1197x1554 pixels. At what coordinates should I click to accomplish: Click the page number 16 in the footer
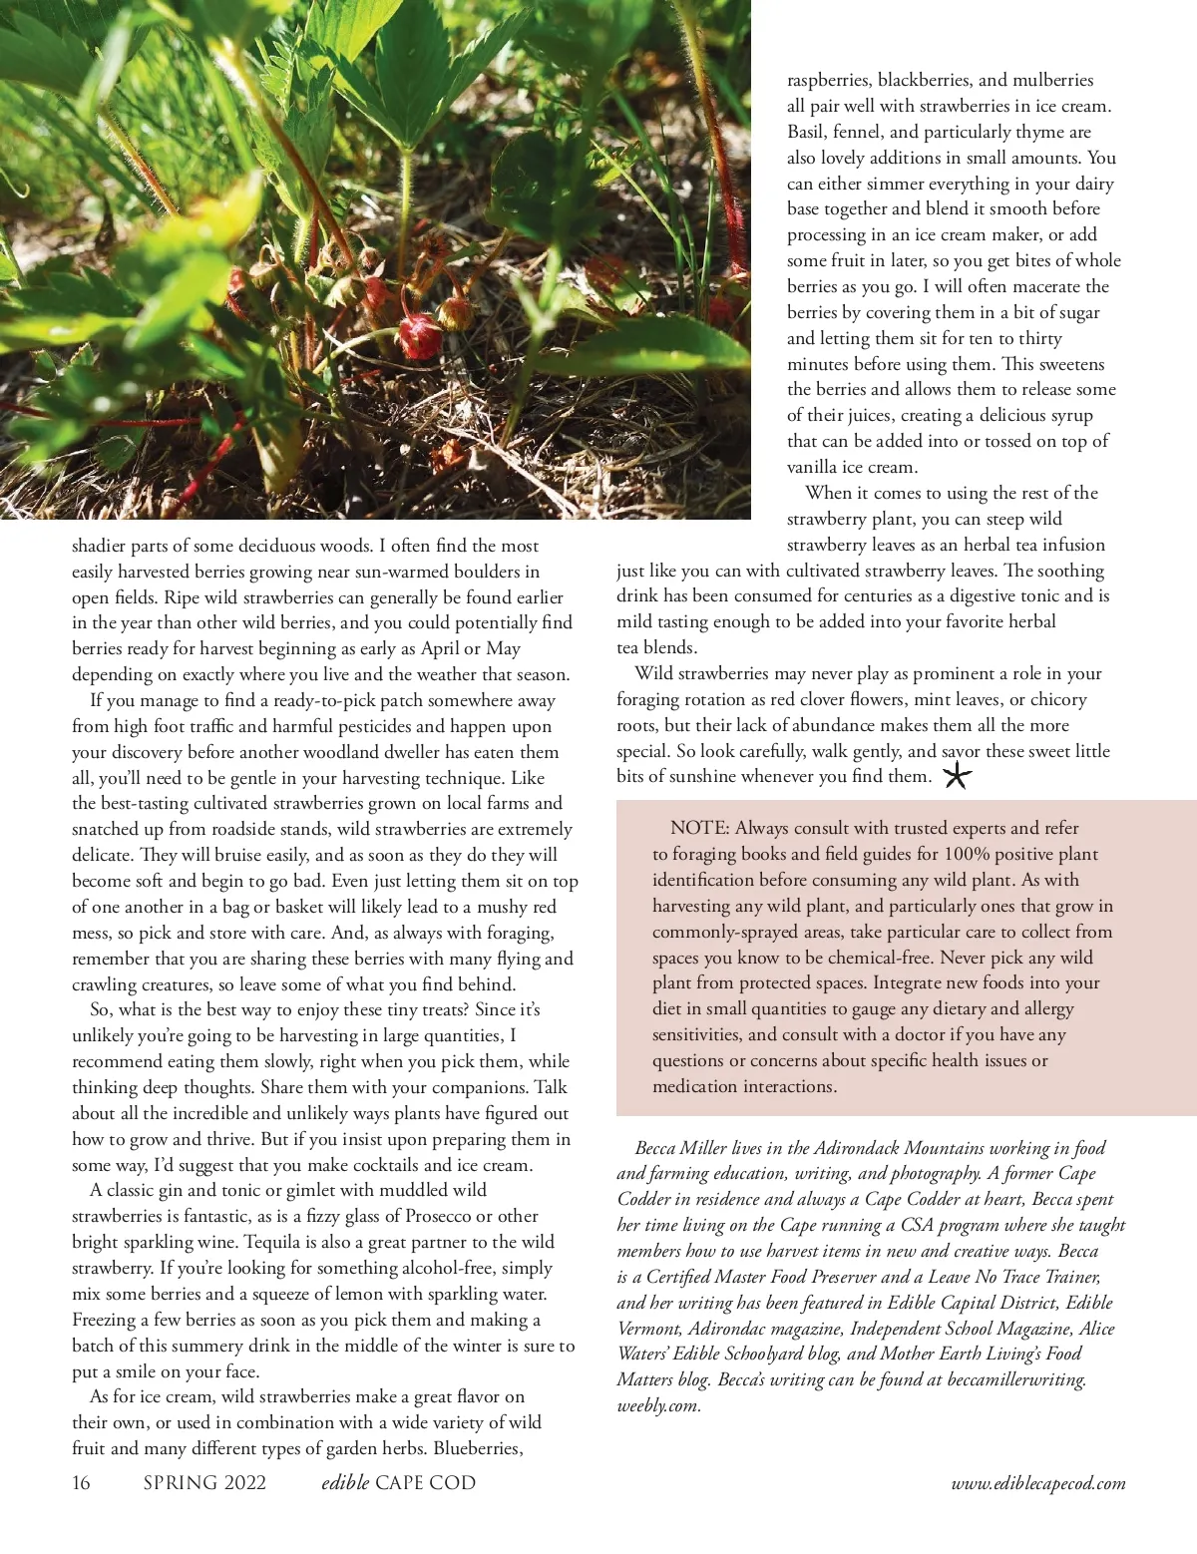pos(81,1483)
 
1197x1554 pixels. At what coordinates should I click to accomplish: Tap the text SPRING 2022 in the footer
pos(204,1483)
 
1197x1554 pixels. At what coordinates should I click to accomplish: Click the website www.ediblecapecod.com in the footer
pos(1038,1484)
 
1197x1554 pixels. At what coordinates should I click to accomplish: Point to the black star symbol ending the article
pos(957,776)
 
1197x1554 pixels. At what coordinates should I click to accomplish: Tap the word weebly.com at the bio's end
pos(658,1406)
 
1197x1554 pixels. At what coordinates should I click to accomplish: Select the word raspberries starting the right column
pos(829,80)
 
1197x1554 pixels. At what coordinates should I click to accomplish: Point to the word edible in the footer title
pos(345,1483)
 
